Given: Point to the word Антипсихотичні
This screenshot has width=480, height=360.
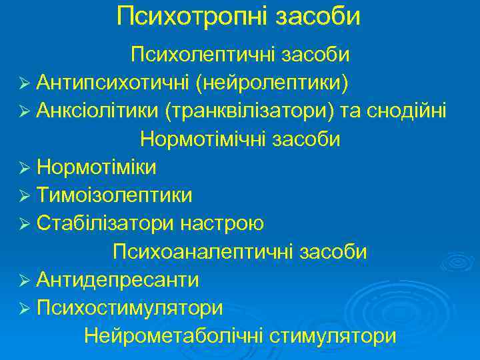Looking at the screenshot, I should click(x=113, y=82).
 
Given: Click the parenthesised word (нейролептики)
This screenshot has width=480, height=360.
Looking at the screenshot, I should click(x=272, y=82).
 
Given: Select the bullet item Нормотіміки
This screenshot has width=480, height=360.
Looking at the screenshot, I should click(x=97, y=167).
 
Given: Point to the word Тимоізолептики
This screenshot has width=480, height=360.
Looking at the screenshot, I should click(x=115, y=195).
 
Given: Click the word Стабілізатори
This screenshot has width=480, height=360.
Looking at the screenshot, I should click(x=105, y=223).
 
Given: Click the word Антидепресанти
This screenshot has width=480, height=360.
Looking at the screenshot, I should click(x=118, y=279).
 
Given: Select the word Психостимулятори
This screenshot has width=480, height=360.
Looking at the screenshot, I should click(x=130, y=307).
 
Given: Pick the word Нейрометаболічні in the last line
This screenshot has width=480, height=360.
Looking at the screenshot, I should click(x=175, y=336).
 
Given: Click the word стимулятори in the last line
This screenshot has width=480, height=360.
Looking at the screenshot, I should click(x=333, y=336).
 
